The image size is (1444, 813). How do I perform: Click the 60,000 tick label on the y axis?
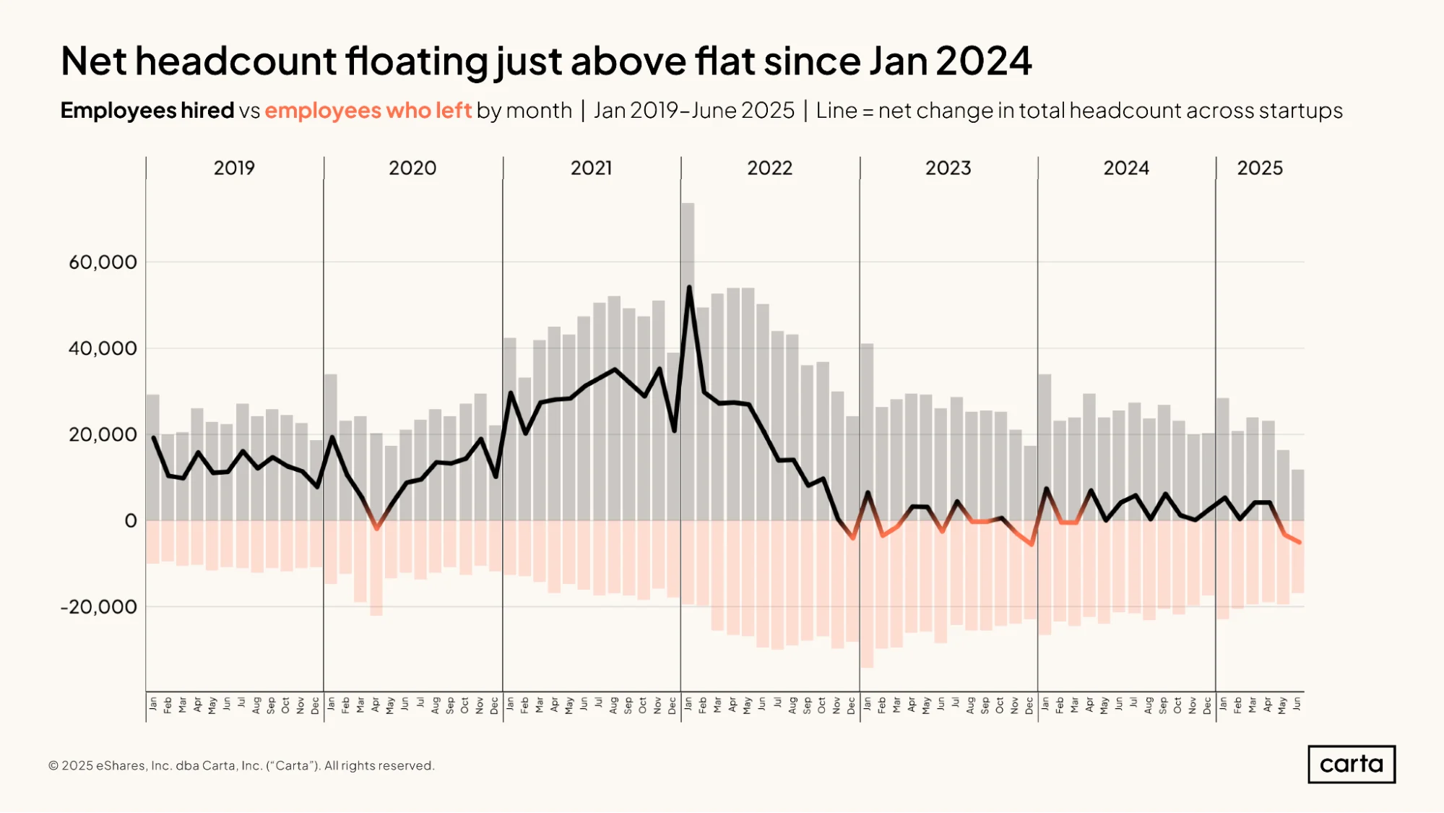pyautogui.click(x=103, y=262)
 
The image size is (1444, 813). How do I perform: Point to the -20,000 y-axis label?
pyautogui.click(x=99, y=607)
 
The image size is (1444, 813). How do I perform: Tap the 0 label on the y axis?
pyautogui.click(x=131, y=521)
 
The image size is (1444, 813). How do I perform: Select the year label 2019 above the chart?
pyautogui.click(x=234, y=168)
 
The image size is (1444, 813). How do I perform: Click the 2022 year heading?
pyautogui.click(x=769, y=168)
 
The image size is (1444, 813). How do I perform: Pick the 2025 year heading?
pyautogui.click(x=1260, y=168)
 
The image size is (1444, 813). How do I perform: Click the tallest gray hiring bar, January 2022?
pyautogui.click(x=688, y=361)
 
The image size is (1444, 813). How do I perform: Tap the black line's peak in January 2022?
pyautogui.click(x=689, y=288)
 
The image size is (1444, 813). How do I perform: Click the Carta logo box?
pyautogui.click(x=1352, y=764)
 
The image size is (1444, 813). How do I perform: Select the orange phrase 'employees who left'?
pyautogui.click(x=368, y=111)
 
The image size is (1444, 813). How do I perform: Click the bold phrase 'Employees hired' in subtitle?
pyautogui.click(x=147, y=111)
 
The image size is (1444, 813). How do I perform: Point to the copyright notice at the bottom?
pyautogui.click(x=241, y=765)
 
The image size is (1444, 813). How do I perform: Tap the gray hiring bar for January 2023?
pyautogui.click(x=867, y=432)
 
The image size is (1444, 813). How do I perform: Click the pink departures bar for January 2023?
pyautogui.click(x=867, y=594)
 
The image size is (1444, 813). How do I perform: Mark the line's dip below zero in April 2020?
pyautogui.click(x=376, y=528)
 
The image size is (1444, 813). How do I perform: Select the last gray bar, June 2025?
pyautogui.click(x=1297, y=495)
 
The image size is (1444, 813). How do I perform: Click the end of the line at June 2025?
pyautogui.click(x=1300, y=542)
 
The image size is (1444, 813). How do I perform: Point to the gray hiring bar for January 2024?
pyautogui.click(x=1045, y=447)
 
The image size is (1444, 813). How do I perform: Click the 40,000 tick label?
pyautogui.click(x=103, y=348)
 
